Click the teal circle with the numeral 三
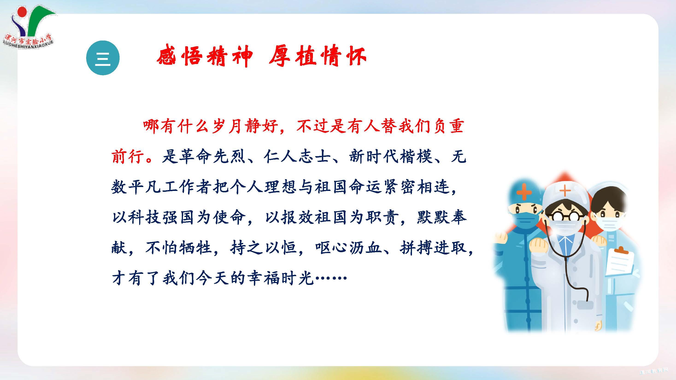point(103,58)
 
